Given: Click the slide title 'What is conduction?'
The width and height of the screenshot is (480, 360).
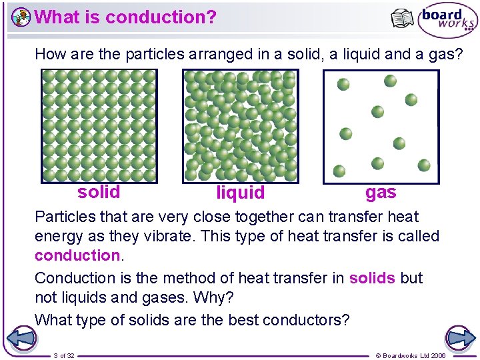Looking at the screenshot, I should pyautogui.click(x=125, y=17).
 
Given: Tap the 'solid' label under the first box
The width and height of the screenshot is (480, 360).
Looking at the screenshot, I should pyautogui.click(x=99, y=192).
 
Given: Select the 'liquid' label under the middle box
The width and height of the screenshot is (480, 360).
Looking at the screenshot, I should pyautogui.click(x=241, y=193).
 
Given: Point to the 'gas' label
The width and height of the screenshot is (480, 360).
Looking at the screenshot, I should pyautogui.click(x=381, y=192).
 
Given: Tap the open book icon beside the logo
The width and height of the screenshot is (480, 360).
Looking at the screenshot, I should pyautogui.click(x=403, y=19).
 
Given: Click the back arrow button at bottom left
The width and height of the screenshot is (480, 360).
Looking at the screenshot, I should pyautogui.click(x=21, y=338).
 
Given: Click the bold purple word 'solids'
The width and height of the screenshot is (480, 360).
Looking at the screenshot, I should pyautogui.click(x=372, y=278).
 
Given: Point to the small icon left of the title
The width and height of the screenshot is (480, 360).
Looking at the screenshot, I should pyautogui.click(x=21, y=17).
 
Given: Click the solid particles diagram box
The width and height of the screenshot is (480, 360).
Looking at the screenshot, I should pyautogui.click(x=99, y=126).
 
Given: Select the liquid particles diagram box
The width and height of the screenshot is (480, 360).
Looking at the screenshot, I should pyautogui.click(x=240, y=126).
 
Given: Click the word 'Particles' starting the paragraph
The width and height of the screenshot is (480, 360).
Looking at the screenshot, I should pyautogui.click(x=64, y=217).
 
